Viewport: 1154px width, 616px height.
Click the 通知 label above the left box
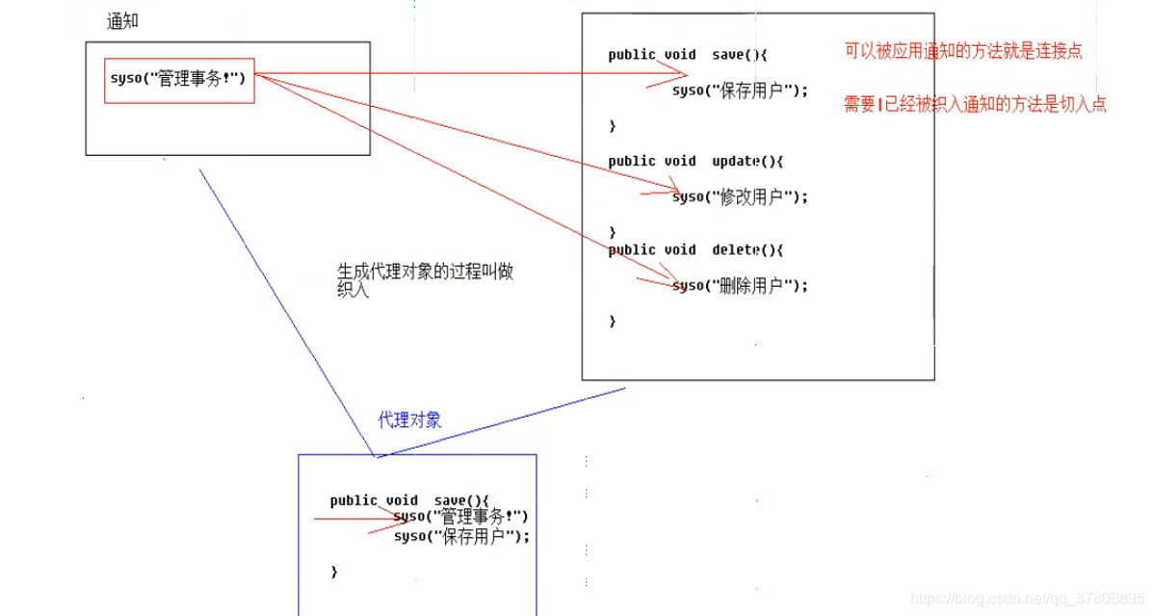(x=122, y=21)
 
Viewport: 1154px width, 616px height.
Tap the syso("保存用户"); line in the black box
(x=740, y=90)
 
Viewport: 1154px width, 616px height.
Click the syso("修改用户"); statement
(x=740, y=196)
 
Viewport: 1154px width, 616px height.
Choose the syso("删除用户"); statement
(x=740, y=285)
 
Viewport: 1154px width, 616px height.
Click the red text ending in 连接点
(x=963, y=52)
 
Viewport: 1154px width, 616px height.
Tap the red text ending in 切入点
(x=975, y=105)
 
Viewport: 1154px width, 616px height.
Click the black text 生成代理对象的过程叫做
(x=425, y=271)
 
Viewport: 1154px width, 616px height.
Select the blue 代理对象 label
(x=409, y=420)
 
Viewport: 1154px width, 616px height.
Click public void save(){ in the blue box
(x=409, y=500)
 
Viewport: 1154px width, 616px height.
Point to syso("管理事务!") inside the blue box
(x=460, y=517)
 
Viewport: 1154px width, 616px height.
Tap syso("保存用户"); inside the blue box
(x=461, y=536)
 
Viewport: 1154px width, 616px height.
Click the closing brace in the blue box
(x=334, y=572)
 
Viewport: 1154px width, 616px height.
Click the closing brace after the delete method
(x=612, y=321)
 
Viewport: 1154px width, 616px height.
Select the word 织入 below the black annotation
(x=353, y=290)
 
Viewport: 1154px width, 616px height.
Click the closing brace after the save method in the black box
(x=612, y=126)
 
